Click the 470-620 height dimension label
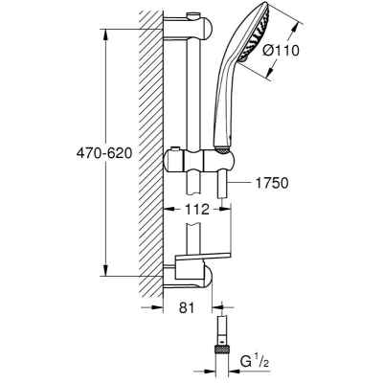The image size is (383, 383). [x=104, y=153]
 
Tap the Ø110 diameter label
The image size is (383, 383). [x=282, y=51]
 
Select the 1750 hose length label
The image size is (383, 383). [x=272, y=183]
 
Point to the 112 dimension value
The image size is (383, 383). [x=197, y=210]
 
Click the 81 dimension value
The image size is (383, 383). [x=187, y=307]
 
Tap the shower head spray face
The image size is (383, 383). [x=257, y=32]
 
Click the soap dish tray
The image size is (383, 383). [x=202, y=257]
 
